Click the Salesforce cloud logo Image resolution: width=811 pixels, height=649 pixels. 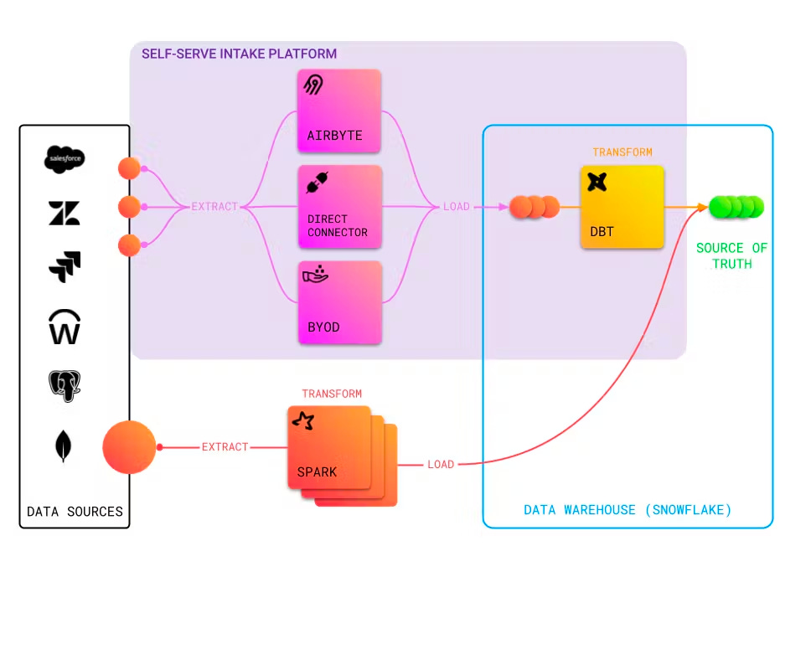[65, 159]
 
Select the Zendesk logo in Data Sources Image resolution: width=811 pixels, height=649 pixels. [65, 214]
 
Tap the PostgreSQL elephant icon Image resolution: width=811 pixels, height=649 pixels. [65, 386]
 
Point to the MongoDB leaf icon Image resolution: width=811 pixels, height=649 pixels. [63, 446]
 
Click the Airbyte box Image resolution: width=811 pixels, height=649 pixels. [338, 111]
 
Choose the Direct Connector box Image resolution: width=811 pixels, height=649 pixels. [338, 207]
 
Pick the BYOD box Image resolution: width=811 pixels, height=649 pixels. [338, 302]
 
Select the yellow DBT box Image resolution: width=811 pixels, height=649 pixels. [622, 207]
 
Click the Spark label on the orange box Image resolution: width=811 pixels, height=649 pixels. [317, 471]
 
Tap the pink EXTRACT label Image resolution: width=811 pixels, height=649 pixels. [214, 206]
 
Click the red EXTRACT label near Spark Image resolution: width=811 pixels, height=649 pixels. [225, 447]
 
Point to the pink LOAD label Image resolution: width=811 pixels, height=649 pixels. [456, 206]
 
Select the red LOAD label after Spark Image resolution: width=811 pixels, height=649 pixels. [441, 464]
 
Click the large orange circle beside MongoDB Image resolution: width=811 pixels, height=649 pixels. [129, 447]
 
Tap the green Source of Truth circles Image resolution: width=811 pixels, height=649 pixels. [736, 206]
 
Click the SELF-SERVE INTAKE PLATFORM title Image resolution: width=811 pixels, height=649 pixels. [239, 54]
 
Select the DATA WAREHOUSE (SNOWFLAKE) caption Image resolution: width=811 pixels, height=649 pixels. [628, 510]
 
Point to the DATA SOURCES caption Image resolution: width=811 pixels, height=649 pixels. [75, 512]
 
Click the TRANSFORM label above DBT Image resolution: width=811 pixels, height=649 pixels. [622, 152]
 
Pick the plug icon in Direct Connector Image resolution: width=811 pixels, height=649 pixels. [317, 183]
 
